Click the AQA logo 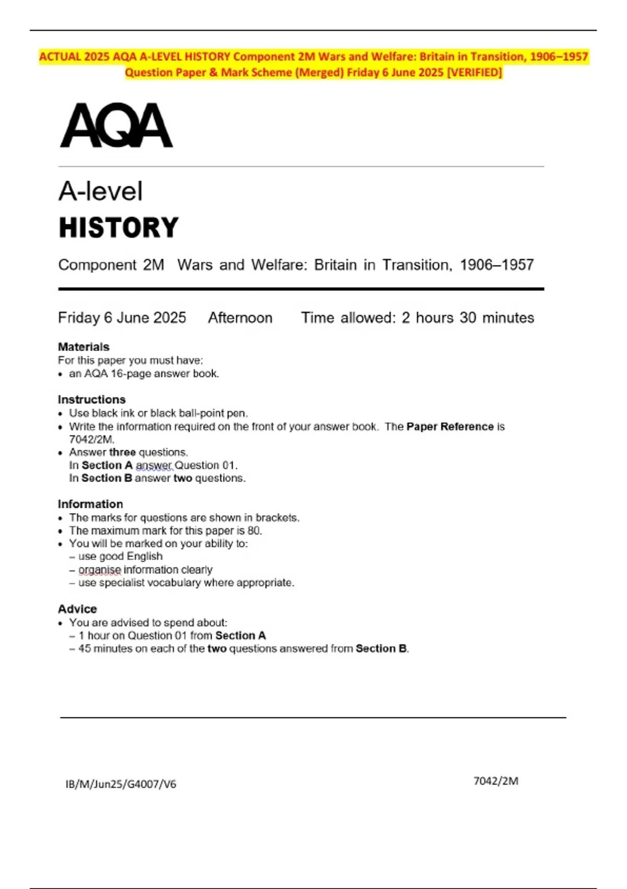116,126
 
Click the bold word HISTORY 119,228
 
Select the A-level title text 100,191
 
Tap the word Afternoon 240,318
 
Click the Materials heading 84,347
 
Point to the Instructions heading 91,400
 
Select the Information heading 90,504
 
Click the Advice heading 77,609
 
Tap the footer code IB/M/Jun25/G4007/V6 121,784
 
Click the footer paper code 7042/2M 496,781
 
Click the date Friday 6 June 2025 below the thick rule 122,318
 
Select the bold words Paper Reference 450,427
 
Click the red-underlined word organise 99,569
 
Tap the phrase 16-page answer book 165,374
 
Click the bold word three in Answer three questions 122,452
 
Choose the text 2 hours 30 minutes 468,318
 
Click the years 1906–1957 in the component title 496,265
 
